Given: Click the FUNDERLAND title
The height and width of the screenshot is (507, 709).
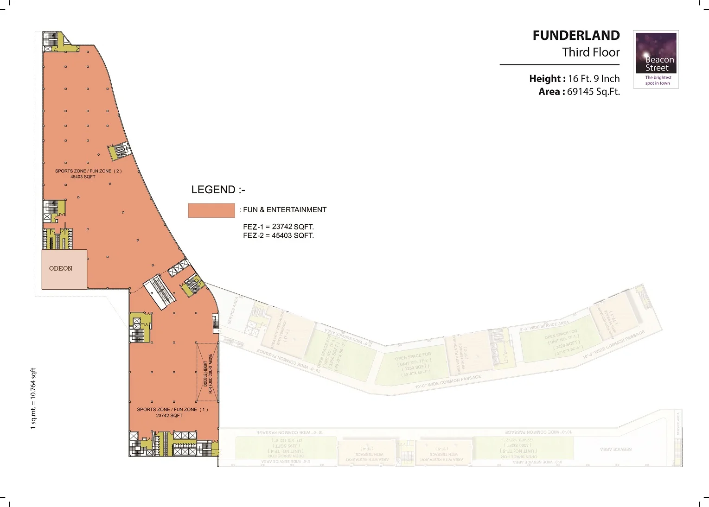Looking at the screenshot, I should pos(576,36).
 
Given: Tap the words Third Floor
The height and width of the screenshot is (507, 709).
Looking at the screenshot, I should pos(591,52).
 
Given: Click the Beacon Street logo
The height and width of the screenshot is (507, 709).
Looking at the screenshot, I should pos(656,59).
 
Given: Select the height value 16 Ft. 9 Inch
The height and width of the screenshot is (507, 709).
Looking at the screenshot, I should pos(594,79).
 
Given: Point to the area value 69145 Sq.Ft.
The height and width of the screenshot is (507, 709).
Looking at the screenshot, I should pos(593,92).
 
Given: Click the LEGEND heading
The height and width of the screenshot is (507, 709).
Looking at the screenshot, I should pos(218,190).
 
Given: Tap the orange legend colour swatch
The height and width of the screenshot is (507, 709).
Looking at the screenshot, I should pos(211,210).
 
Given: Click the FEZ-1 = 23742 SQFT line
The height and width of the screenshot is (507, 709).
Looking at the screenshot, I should pos(278,227).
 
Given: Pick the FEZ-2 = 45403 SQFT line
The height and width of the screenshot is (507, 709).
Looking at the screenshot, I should pos(278,235).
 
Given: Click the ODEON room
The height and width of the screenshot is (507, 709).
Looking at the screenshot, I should pos(61,268).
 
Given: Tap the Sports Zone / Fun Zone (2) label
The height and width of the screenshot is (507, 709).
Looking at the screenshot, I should pos(88,171).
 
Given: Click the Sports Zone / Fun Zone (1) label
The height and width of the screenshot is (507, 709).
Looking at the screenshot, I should pos(172,410).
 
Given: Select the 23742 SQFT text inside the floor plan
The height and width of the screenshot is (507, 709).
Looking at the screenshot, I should pos(169,416).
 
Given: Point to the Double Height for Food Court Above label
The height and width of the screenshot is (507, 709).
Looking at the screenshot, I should pos(208,374).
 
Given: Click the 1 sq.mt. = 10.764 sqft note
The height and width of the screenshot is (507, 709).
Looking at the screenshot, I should pos(33,399).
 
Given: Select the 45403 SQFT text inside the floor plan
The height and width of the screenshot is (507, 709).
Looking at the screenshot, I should pos(83,177).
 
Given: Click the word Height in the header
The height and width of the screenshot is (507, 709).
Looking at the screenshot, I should pos(545,79).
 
